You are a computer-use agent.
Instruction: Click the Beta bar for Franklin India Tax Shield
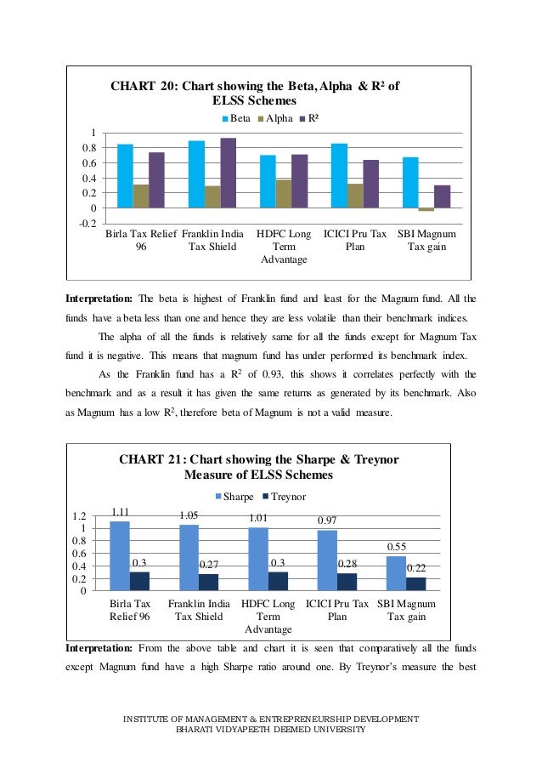point(196,174)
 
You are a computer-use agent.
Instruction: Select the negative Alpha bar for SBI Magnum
point(426,209)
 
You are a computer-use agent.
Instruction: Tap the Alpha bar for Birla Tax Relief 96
point(141,196)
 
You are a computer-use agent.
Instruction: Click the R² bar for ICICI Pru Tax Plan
point(370,184)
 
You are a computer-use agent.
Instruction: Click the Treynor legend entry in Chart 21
point(284,496)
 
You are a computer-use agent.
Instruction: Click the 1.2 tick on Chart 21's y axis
point(80,516)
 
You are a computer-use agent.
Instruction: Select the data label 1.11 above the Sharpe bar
point(120,512)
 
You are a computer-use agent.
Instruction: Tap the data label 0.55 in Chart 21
point(397,547)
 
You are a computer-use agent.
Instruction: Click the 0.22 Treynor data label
point(416,567)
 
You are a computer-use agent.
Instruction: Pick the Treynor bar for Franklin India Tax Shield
point(209,582)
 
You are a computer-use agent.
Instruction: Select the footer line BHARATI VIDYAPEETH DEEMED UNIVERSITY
point(270,730)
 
